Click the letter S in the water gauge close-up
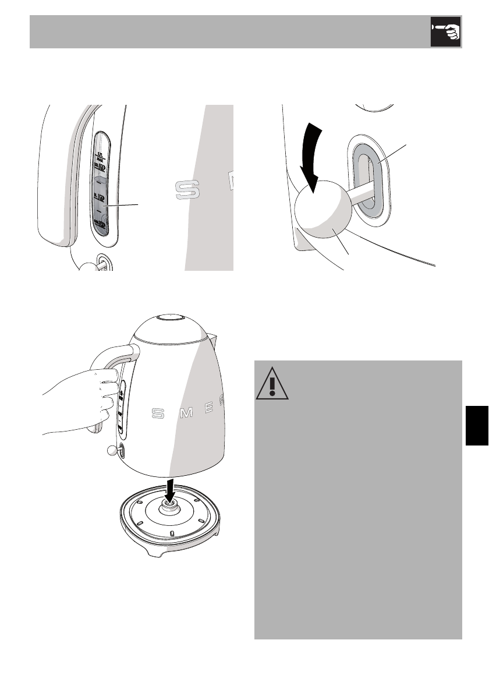tap(186, 189)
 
